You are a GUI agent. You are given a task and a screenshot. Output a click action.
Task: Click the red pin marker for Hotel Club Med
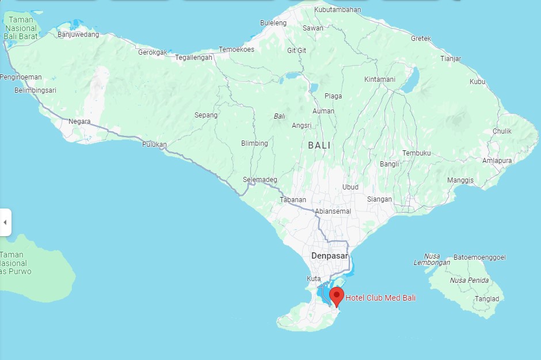337,296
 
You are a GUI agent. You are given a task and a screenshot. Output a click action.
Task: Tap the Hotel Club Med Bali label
380,298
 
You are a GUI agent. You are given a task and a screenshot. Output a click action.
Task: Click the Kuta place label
314,279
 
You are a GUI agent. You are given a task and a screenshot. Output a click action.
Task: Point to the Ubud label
350,187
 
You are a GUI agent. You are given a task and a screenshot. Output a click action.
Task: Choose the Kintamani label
380,79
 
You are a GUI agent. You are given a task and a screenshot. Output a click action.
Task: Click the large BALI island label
319,146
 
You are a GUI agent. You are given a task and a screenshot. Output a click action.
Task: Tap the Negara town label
79,122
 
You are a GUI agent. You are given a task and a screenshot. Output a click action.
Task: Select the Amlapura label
497,161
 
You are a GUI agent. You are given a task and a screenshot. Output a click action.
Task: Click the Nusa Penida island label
470,281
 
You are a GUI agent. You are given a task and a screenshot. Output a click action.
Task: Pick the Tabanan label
293,200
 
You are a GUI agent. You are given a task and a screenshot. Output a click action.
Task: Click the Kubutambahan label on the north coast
338,10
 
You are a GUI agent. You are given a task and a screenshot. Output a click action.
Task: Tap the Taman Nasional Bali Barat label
21,28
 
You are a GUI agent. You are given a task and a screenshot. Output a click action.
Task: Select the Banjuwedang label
78,35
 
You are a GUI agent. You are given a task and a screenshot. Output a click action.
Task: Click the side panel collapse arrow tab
5,222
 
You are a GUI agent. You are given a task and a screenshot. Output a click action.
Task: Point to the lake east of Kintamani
411,79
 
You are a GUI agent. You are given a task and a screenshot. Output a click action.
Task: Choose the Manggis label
460,180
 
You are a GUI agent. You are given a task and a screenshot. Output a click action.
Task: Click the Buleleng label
273,23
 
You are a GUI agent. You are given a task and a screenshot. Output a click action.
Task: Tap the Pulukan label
154,145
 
